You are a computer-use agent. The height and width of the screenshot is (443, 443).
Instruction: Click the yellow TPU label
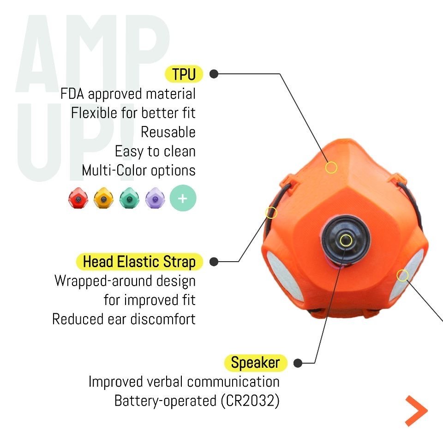coord(184,74)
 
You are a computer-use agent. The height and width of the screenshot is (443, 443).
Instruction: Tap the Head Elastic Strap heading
coord(139,262)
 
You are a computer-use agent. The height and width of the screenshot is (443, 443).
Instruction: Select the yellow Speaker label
coord(255,363)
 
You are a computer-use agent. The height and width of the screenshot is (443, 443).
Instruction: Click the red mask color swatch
coord(78,198)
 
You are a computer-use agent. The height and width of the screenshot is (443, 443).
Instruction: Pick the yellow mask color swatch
coord(103,198)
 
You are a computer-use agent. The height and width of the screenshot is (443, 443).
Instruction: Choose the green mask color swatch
coord(129,198)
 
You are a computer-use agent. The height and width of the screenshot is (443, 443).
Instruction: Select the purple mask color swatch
coord(155,198)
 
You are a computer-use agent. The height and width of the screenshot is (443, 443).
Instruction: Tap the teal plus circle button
coord(183,198)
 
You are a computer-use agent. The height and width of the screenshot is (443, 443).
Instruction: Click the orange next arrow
coord(416,411)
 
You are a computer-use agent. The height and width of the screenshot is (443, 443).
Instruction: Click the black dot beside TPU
coord(214,74)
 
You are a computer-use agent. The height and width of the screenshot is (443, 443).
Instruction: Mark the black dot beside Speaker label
coord(298,363)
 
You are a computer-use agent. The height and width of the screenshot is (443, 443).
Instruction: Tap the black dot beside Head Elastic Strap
coord(214,262)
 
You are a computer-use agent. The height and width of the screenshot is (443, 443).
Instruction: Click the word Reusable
coord(168,132)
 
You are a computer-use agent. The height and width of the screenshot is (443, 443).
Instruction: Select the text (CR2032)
coord(250,401)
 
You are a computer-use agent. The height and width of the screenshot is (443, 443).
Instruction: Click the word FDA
coord(72,94)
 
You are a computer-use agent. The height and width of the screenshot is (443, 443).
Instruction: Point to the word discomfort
coord(163,319)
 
